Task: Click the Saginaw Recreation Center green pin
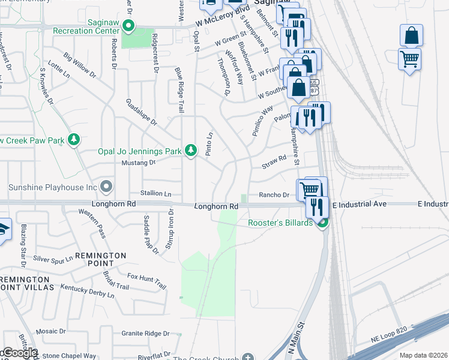[127, 26]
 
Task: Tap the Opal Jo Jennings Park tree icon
[191, 149]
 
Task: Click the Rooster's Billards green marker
[323, 223]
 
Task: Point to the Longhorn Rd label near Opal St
[217, 206]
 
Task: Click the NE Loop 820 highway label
[384, 339]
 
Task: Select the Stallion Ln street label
[155, 193]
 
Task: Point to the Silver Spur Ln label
[53, 259]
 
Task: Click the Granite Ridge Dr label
[146, 333]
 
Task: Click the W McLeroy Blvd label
[222, 18]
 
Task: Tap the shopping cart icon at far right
[409, 59]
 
